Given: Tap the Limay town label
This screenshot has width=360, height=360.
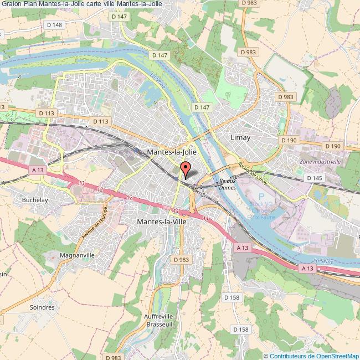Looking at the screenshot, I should pyautogui.click(x=240, y=137).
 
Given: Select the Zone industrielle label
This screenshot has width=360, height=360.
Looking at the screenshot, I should pyautogui.click(x=320, y=162).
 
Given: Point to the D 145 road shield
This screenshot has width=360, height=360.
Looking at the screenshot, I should pyautogui.click(x=314, y=178).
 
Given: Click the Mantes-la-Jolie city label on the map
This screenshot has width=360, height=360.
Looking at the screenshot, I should pyautogui.click(x=172, y=151).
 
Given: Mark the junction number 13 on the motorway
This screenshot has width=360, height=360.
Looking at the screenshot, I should pyautogui.click(x=81, y=183).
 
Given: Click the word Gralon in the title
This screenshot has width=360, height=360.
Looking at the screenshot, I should pyautogui.click(x=12, y=4).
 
